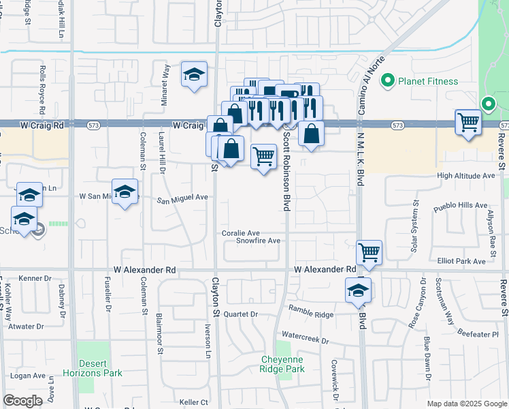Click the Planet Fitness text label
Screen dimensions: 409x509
tap(428, 81)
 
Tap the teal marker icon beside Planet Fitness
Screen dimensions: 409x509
tap(389, 81)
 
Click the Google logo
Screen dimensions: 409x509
tap(22, 401)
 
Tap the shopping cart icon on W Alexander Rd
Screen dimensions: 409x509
tap(369, 252)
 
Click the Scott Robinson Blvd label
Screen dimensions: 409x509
tap(286, 171)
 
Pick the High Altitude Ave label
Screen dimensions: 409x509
tap(466, 175)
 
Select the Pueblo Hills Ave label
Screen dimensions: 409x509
tap(462, 204)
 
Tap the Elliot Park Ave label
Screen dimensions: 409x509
tap(461, 260)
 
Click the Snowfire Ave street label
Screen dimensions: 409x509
tap(258, 241)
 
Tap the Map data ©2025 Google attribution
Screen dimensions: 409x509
tap(466, 404)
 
